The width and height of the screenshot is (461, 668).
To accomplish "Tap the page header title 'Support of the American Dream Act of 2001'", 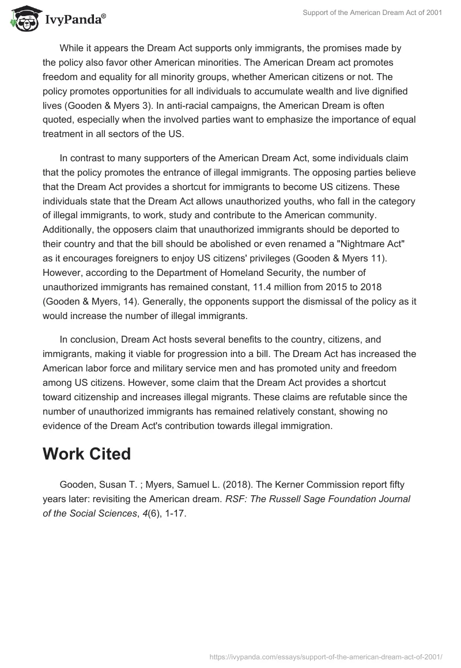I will [372, 13].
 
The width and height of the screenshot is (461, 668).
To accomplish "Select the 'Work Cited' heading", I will [86, 453].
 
